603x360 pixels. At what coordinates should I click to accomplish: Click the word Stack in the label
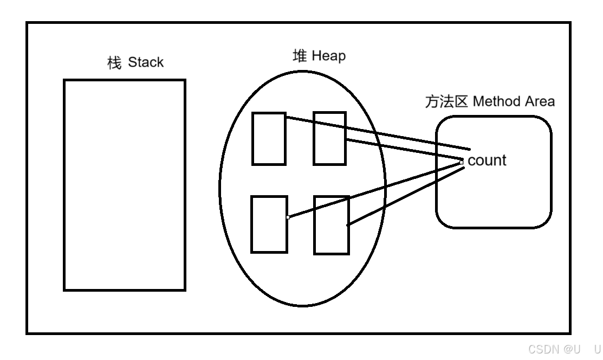[146, 62]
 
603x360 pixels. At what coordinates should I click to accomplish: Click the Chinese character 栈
[114, 63]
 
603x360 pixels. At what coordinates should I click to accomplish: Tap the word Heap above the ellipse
[328, 56]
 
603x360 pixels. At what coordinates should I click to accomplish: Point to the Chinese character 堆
[300, 56]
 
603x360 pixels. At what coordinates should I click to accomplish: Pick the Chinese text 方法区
[446, 102]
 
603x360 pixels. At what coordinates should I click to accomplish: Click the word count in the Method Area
[487, 160]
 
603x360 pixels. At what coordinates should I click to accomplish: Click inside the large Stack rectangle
[125, 185]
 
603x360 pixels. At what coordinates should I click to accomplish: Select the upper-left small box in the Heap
[269, 138]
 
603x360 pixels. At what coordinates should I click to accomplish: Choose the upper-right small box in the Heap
[329, 138]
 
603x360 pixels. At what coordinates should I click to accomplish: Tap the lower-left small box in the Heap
[269, 224]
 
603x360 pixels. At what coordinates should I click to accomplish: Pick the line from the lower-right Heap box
[406, 196]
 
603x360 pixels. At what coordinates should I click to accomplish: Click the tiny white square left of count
[461, 161]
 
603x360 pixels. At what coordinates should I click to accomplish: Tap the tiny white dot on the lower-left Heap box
[288, 217]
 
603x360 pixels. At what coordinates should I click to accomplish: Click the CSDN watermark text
[548, 349]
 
